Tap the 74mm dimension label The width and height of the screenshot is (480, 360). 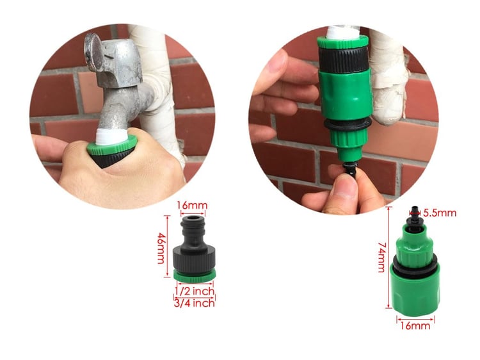point(381,258)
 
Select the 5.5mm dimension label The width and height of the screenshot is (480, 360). point(440,213)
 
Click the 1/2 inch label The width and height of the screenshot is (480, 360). point(195,291)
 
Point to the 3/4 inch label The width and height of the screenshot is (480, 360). point(195,303)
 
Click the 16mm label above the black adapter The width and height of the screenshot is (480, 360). point(192,205)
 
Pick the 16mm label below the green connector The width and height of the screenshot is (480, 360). point(415,325)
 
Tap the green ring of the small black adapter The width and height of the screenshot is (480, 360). point(195,276)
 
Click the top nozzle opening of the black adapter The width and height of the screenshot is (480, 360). point(193,219)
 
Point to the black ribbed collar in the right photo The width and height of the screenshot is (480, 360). point(344,59)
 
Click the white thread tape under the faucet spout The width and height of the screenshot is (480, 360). point(111,136)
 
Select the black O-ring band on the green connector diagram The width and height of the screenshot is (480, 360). point(415,266)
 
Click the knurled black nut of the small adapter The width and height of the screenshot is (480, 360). point(194,259)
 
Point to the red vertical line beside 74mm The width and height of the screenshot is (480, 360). point(389,258)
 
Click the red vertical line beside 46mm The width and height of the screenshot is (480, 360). point(167,247)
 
